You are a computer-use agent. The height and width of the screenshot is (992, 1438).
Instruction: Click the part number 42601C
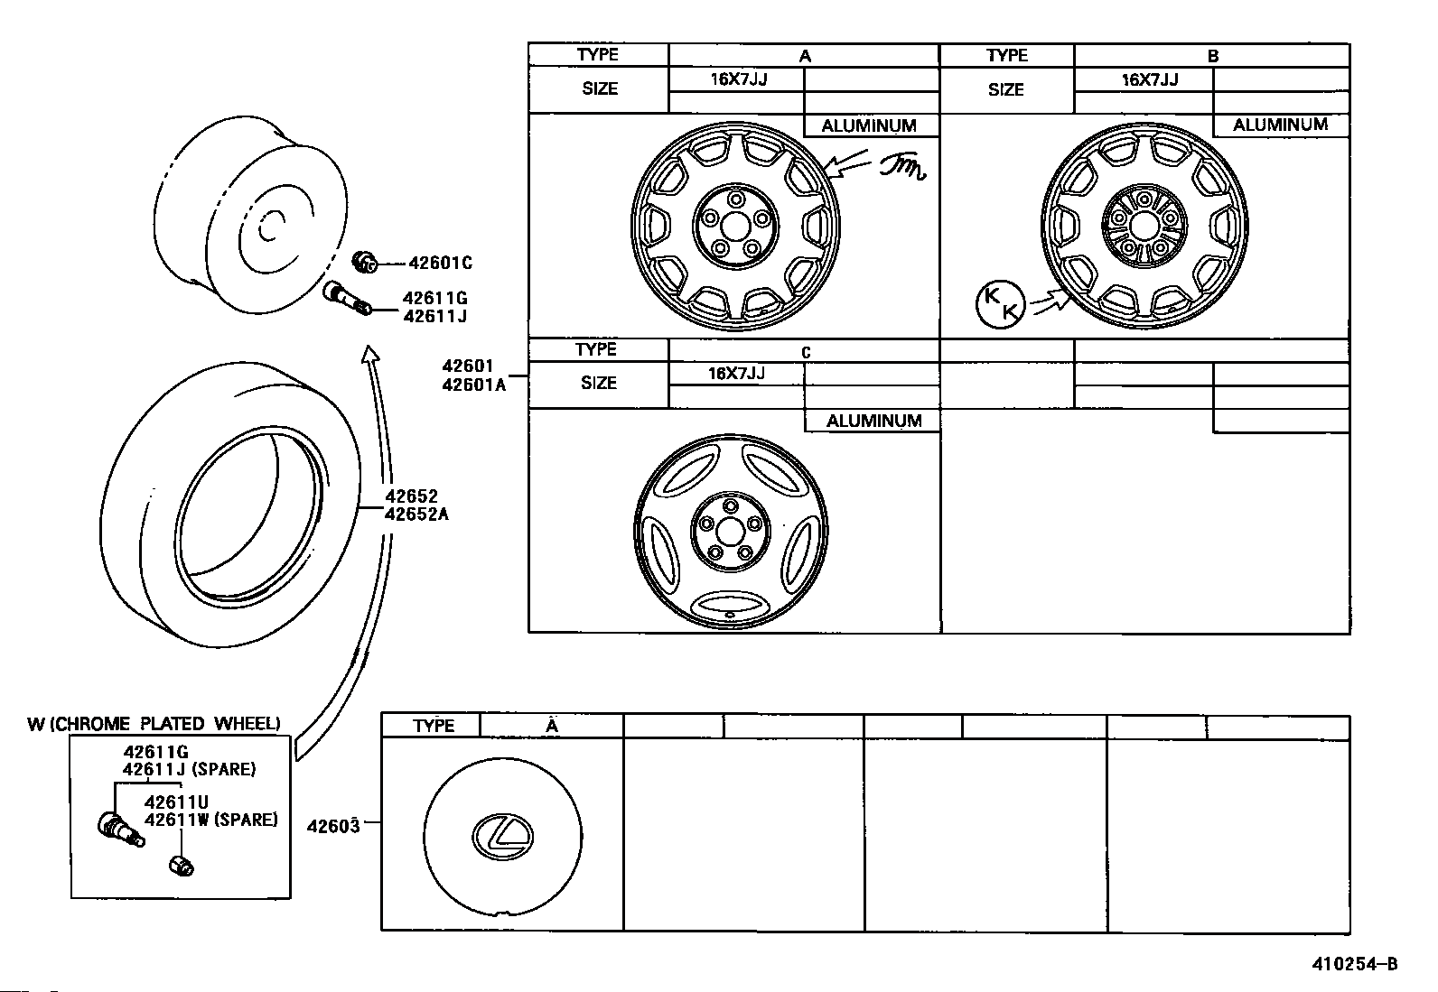point(440,263)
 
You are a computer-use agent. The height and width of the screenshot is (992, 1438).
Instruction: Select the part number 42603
point(333,827)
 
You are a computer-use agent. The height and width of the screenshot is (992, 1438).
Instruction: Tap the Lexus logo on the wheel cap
point(502,836)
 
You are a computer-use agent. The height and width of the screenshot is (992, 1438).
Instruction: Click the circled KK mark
point(1000,304)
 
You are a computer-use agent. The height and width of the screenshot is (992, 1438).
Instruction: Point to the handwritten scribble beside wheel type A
point(902,167)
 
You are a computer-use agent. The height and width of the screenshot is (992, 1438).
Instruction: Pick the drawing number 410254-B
point(1355,964)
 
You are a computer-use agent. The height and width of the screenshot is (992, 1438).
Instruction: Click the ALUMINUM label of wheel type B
point(1280,125)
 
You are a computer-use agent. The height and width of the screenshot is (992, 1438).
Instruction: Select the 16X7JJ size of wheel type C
point(736,374)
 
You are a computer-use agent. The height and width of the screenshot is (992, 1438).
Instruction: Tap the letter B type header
point(1213,56)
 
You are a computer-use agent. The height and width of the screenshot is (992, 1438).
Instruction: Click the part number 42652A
point(416,514)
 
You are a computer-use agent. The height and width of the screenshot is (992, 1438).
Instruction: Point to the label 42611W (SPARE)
point(211,820)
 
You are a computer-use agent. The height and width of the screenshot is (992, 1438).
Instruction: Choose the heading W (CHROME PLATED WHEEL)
point(154,724)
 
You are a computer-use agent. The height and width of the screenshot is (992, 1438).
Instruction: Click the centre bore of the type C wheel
point(730,532)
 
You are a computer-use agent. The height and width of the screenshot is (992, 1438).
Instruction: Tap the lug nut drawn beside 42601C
point(365,262)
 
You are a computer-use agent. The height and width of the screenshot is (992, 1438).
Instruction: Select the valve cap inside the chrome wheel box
point(181,866)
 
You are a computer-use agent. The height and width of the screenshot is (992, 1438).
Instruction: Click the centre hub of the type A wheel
point(735,226)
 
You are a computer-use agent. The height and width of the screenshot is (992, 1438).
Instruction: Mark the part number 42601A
point(474,385)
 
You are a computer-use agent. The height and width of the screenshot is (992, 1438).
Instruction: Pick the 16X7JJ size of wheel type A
point(739,79)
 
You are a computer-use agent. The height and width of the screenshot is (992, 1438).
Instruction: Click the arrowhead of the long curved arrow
point(369,354)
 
